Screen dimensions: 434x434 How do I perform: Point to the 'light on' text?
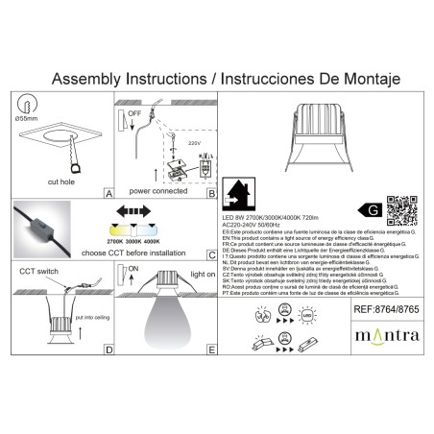pyautogui.click(x=199, y=274)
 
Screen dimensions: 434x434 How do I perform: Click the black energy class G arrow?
pyautogui.click(x=368, y=207)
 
